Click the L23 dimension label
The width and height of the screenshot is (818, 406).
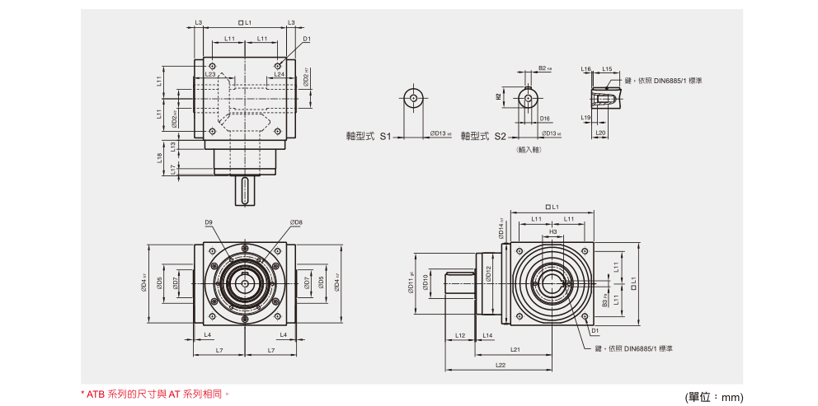coord(210,74)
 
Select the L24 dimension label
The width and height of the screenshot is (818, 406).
coord(279,74)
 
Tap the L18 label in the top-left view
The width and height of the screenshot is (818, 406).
coord(159,156)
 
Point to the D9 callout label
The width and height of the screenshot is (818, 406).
coord(209,222)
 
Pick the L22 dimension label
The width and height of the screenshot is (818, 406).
coord(501,365)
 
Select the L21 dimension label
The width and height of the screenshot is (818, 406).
coord(515,349)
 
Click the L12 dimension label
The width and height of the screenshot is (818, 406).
coord(460,335)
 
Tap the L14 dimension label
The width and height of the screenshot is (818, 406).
coord(487,335)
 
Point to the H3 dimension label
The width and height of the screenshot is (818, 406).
coord(553,232)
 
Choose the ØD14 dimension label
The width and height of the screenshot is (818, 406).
coord(501,227)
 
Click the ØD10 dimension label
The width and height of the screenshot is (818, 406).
coord(425,282)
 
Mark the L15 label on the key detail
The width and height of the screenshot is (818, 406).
coord(607,69)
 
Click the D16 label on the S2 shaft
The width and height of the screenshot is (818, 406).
coord(545,119)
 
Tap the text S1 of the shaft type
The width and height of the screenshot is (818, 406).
coord(384,136)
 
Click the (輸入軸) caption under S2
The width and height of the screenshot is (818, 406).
coord(527,151)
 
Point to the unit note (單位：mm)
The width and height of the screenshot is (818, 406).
coord(713,397)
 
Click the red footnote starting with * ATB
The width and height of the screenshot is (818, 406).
coord(154,394)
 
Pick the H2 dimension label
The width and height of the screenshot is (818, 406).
coord(498,96)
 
